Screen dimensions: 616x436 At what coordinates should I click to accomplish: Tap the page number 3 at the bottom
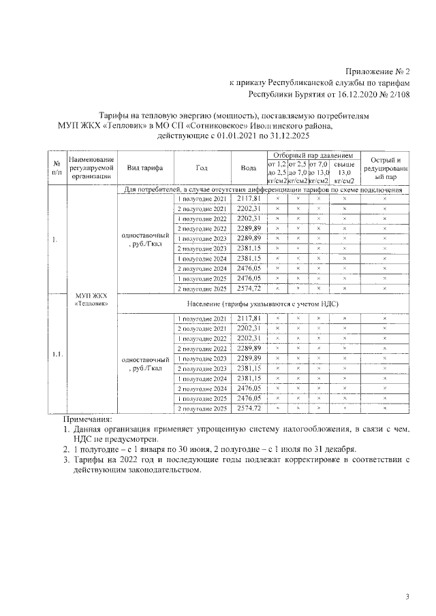click(x=407, y=597)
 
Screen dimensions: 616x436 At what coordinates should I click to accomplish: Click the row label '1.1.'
click(x=57, y=354)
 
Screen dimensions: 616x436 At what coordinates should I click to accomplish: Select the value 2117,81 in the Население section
click(x=249, y=319)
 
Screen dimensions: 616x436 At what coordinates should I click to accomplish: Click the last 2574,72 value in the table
click(x=249, y=408)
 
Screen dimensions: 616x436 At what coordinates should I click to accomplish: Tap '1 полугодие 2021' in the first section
click(x=201, y=198)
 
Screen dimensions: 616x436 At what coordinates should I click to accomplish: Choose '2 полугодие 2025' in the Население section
click(x=201, y=408)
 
